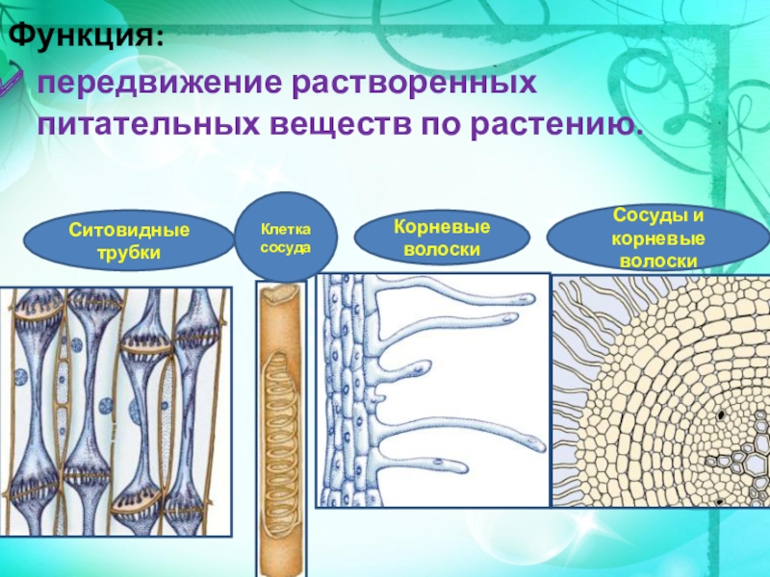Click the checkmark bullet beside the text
click(x=14, y=83)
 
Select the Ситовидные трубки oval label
click(x=128, y=241)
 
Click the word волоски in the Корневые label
click(x=443, y=249)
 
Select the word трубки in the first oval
click(x=128, y=253)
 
